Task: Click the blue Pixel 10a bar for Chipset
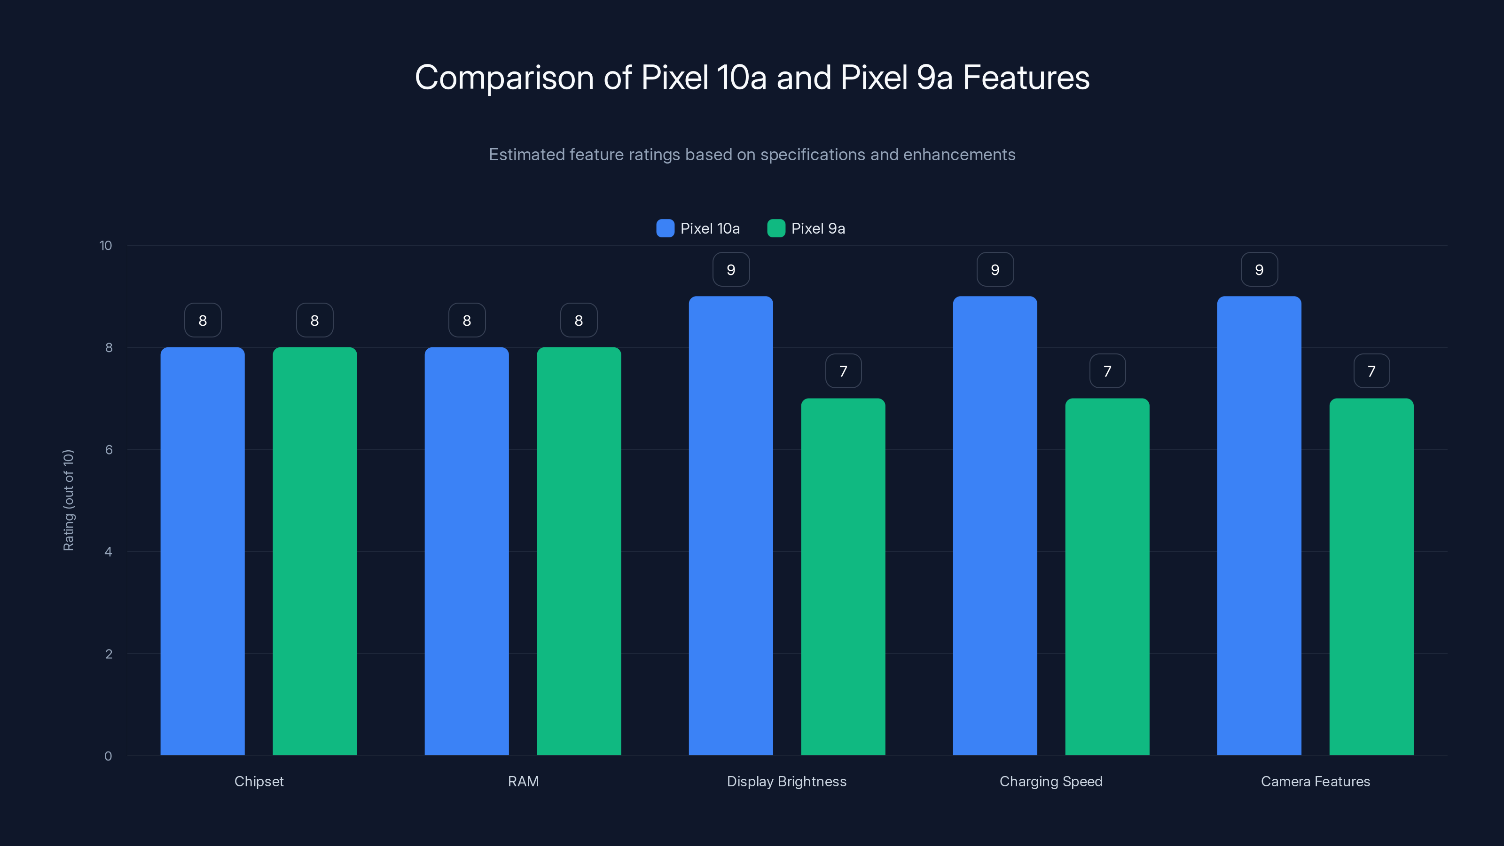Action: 203,551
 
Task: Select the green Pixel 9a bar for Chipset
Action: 315,551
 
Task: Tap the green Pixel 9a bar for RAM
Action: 579,551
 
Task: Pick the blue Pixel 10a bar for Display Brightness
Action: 730,525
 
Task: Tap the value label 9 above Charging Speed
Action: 995,270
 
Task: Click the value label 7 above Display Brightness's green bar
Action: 843,371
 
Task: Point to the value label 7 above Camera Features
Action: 1371,371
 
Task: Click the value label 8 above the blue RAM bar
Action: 467,321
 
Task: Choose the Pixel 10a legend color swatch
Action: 665,228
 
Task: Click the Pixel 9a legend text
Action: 818,228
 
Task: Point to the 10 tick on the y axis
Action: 106,245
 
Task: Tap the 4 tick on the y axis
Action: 108,552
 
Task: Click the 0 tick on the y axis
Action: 108,756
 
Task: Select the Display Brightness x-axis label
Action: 786,781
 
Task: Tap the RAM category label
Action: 523,781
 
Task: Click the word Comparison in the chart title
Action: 504,78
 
